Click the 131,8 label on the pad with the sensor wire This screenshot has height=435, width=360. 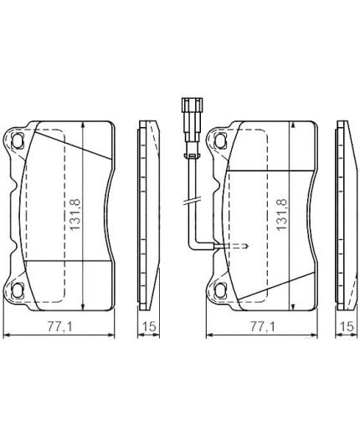tap(279, 215)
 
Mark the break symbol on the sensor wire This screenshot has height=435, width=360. tap(191, 202)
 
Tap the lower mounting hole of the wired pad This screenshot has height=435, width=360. tap(219, 291)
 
